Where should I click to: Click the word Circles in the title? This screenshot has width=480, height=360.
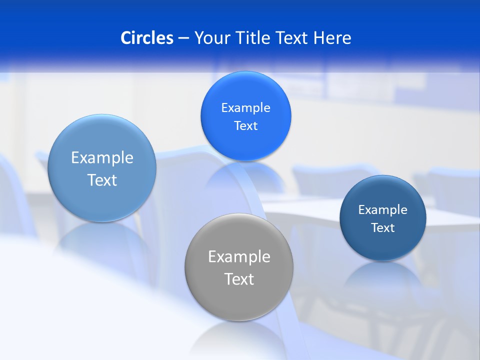147,38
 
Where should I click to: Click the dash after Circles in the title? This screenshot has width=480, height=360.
183,38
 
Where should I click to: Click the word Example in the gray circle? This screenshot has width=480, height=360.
239,257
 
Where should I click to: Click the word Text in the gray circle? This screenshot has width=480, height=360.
239,279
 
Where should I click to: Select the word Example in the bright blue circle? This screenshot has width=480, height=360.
245,108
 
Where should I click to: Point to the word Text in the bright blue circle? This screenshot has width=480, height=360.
245,126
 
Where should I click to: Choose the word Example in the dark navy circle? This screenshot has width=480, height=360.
382,210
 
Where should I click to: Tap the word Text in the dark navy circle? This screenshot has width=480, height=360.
382,228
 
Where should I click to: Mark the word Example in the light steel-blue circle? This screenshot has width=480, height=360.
102,158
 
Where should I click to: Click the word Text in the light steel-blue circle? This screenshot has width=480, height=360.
102,180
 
